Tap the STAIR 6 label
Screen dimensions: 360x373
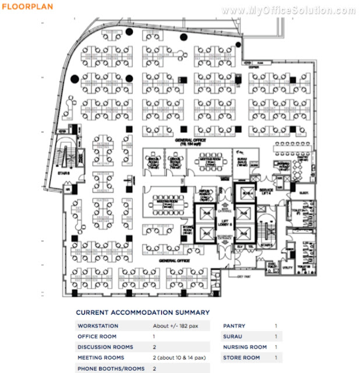63,173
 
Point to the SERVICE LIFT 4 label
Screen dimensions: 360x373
266,192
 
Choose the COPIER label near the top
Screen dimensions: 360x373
252,67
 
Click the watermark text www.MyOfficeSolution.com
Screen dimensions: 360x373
288,10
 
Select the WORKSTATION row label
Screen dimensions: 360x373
98,326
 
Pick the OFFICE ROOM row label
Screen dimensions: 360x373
97,336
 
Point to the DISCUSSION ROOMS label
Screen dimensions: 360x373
105,347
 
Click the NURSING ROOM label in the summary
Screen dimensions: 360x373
245,347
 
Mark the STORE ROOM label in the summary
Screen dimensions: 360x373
241,358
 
